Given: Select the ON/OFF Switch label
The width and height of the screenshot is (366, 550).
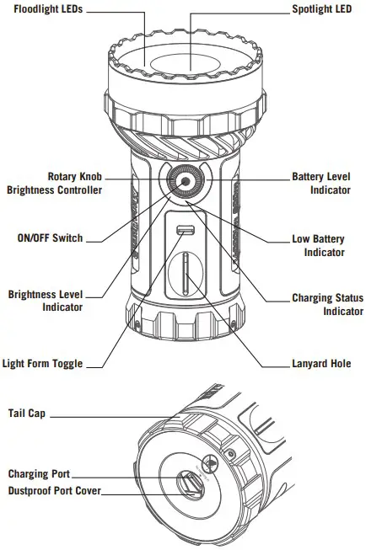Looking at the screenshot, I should tap(50, 238).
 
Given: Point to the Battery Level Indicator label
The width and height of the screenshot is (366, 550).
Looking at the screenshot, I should tap(321, 184).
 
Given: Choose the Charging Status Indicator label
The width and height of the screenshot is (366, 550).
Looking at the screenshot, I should tap(327, 305).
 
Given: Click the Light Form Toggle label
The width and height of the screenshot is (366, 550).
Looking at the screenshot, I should tap(42, 364).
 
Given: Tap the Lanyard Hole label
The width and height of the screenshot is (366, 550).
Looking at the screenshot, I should tap(321, 364).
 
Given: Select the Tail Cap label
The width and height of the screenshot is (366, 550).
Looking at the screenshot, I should tap(27, 414).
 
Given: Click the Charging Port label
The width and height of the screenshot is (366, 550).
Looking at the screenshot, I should tap(39, 474).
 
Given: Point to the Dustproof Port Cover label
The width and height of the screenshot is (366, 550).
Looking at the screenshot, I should tap(54, 490).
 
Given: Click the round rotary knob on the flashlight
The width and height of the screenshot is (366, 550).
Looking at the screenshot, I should tap(183, 182).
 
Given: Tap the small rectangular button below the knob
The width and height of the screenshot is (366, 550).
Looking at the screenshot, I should tap(183, 231).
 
